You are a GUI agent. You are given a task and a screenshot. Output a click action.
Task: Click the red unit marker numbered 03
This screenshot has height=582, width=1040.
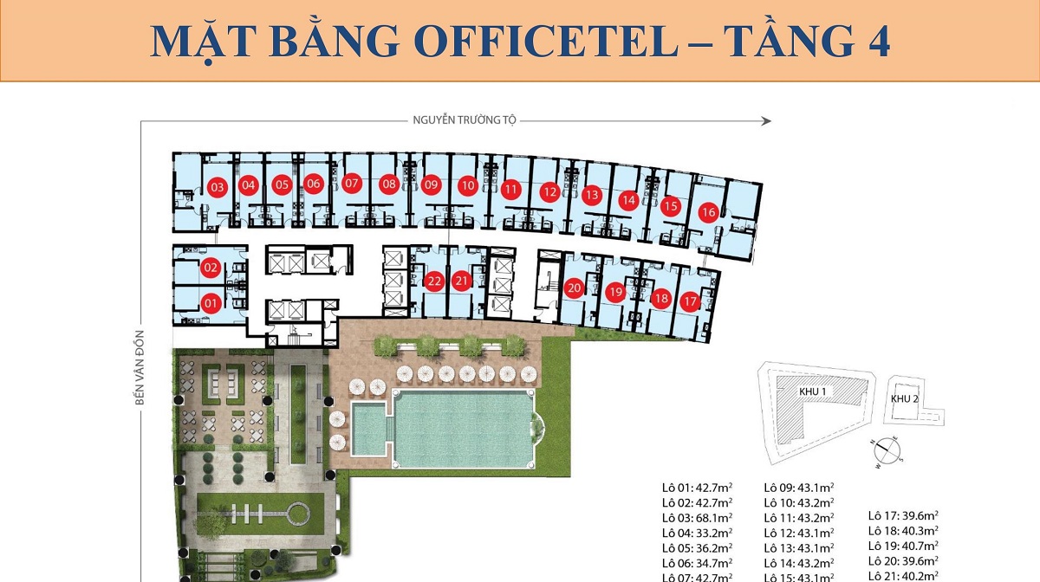(x=218, y=187)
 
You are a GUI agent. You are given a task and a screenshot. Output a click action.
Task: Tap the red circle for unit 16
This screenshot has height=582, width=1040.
(x=708, y=212)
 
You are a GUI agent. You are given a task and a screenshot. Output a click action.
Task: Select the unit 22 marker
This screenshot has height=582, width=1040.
(x=435, y=281)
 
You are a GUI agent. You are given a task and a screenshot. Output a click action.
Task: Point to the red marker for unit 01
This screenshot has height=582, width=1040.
(x=210, y=303)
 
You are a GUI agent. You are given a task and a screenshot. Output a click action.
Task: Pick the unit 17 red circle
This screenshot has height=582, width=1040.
(x=690, y=301)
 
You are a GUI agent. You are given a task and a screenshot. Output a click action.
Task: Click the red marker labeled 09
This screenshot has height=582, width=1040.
(x=432, y=184)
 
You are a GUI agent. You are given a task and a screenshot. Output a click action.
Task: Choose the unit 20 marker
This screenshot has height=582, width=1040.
(x=574, y=288)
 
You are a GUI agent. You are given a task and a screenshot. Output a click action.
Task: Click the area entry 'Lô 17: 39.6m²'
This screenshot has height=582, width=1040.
(x=904, y=516)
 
